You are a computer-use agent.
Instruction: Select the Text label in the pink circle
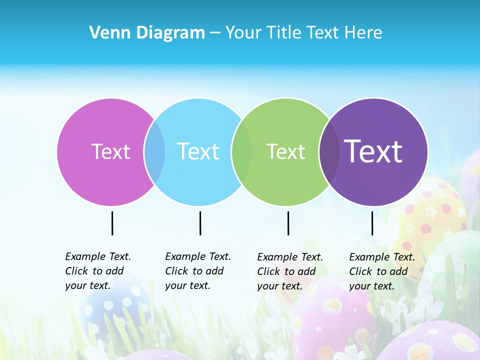(x=110, y=151)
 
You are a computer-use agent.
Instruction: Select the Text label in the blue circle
(x=198, y=151)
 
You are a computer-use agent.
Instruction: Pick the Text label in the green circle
(x=285, y=151)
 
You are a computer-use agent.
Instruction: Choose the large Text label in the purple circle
(x=373, y=151)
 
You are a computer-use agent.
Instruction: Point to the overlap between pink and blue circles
(x=154, y=151)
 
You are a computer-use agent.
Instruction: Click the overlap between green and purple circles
(x=329, y=151)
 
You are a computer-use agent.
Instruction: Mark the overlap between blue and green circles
(x=242, y=151)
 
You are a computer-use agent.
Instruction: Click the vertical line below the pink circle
(x=112, y=223)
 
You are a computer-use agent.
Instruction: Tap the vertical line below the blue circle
(x=200, y=223)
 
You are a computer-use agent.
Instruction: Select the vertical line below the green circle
(x=288, y=223)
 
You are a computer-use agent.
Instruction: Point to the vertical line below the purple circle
(x=372, y=223)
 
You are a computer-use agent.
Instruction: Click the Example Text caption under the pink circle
(x=98, y=271)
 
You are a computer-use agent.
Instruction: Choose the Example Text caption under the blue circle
(x=198, y=271)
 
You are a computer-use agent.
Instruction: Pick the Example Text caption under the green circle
(x=290, y=271)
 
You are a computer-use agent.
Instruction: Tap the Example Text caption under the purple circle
(x=382, y=271)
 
